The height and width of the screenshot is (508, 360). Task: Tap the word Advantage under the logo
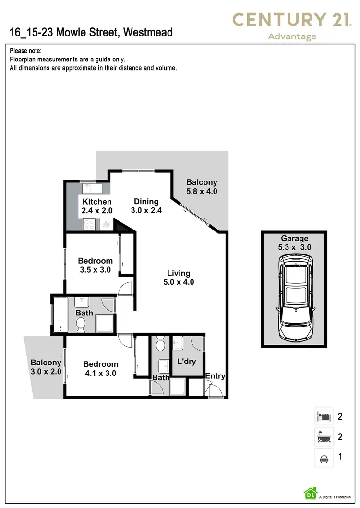click(x=292, y=36)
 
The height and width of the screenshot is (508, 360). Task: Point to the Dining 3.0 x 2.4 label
click(x=146, y=206)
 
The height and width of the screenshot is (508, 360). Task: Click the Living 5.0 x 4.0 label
click(x=179, y=278)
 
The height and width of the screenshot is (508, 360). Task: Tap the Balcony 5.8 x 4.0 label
click(x=202, y=186)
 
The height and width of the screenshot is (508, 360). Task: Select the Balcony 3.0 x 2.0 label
click(x=46, y=367)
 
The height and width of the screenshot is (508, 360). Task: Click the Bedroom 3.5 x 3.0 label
click(x=95, y=265)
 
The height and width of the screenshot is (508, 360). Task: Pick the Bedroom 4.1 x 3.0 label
click(x=100, y=368)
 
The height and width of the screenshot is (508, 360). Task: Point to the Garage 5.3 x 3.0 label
click(x=295, y=242)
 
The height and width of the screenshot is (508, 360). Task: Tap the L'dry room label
click(x=186, y=361)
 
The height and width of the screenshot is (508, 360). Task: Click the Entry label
click(x=215, y=376)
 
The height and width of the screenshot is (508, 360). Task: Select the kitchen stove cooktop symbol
click(x=90, y=223)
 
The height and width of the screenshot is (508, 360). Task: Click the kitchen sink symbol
click(x=89, y=188)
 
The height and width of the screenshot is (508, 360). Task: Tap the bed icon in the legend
click(x=323, y=416)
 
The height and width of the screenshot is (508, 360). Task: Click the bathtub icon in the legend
click(x=323, y=436)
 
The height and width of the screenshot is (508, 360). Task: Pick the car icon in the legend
click(x=323, y=458)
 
